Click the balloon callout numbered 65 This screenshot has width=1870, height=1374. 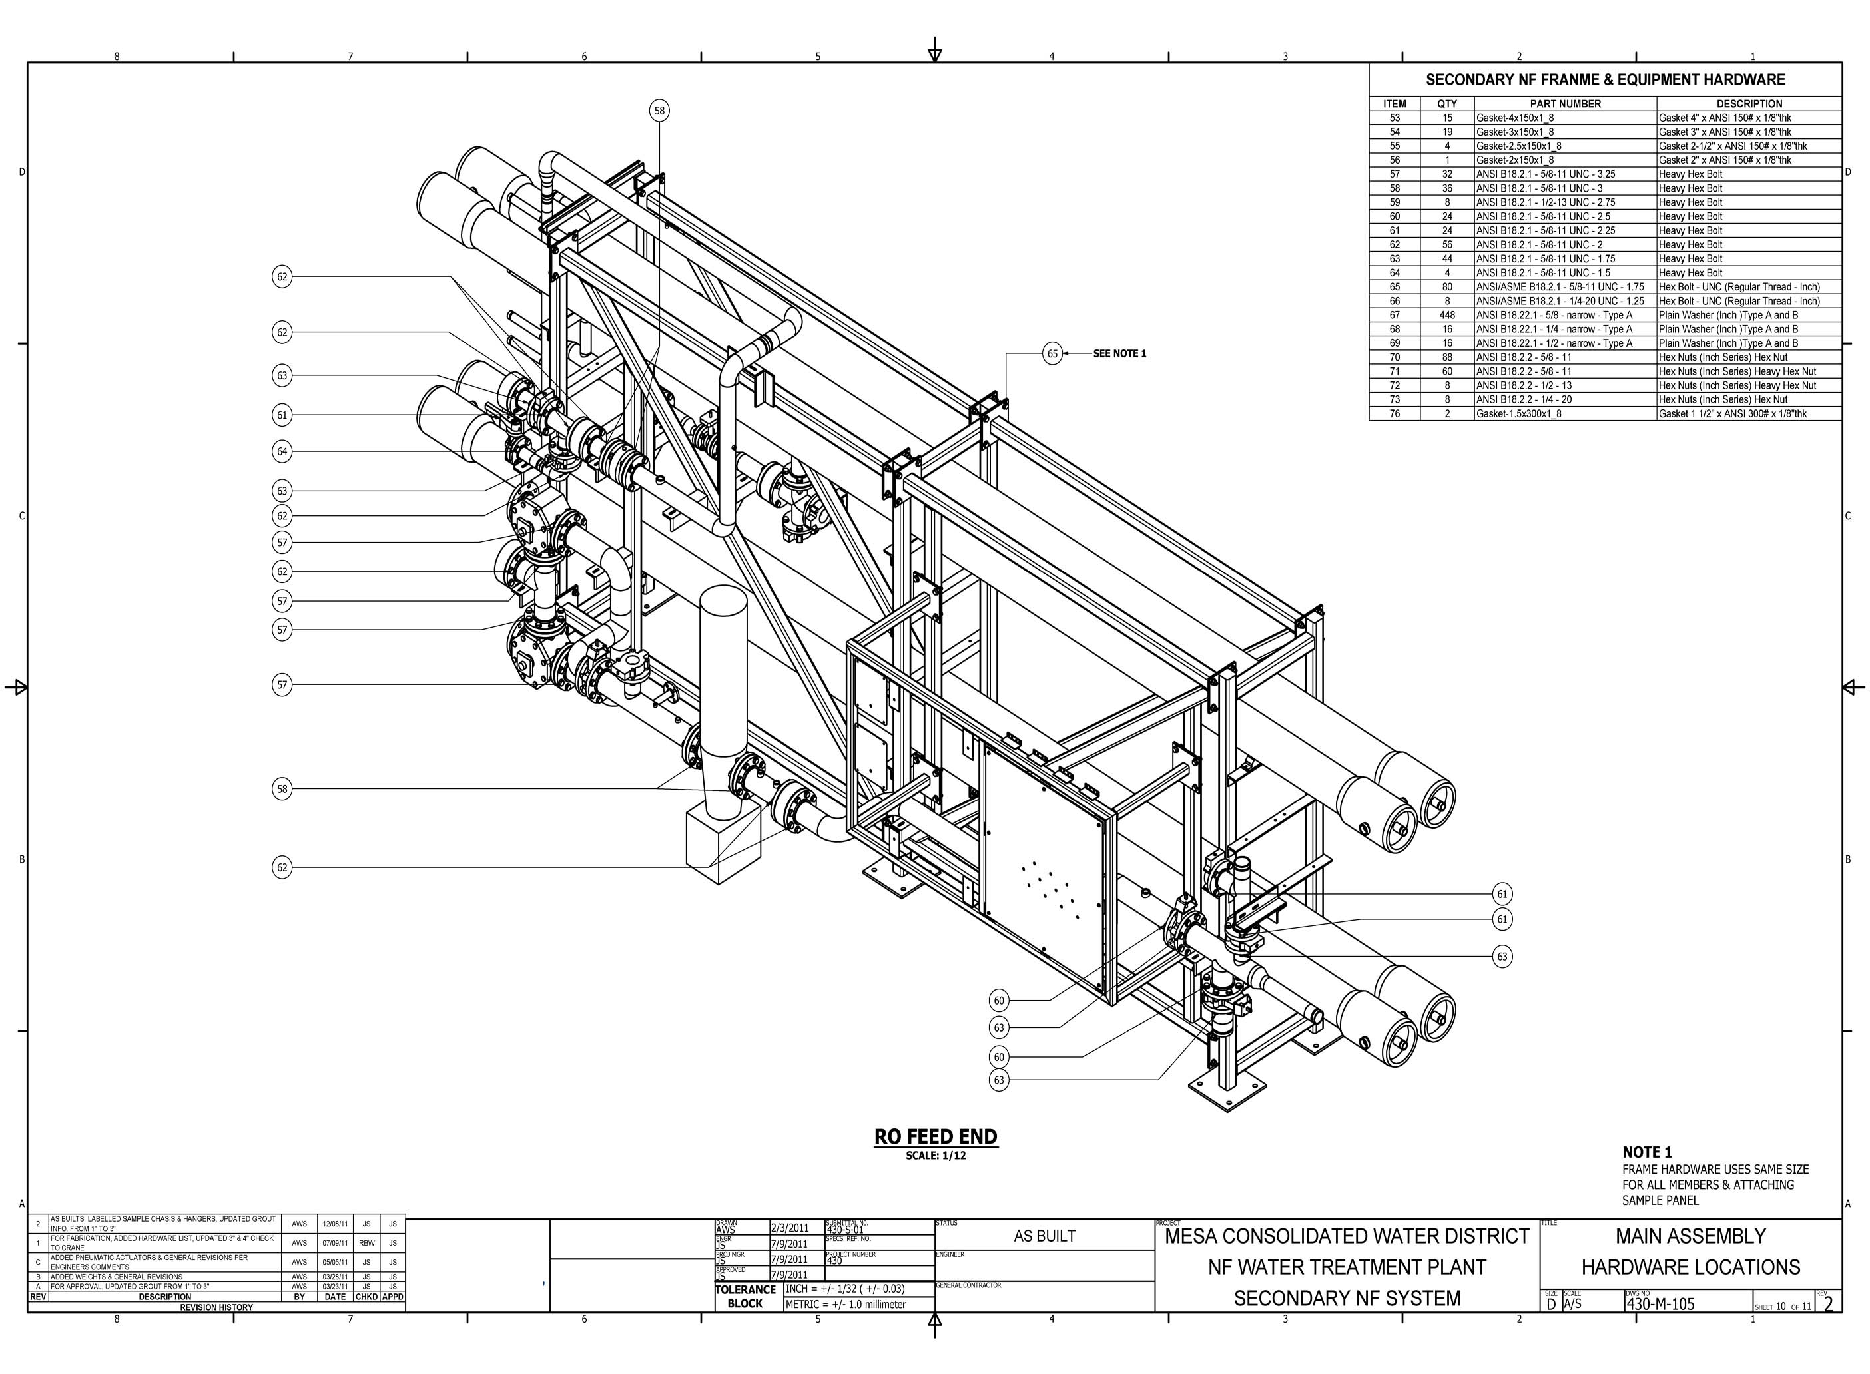(x=1052, y=353)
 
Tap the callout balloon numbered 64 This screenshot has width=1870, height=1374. (x=282, y=451)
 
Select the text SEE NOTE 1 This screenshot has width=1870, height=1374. (x=1119, y=353)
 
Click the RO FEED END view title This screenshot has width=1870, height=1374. (x=936, y=1137)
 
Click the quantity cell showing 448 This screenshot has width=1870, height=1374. (x=1447, y=316)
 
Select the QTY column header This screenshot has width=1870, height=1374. (x=1447, y=104)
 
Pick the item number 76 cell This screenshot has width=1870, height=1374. (x=1395, y=413)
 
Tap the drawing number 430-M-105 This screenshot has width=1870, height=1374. (x=1660, y=1304)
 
